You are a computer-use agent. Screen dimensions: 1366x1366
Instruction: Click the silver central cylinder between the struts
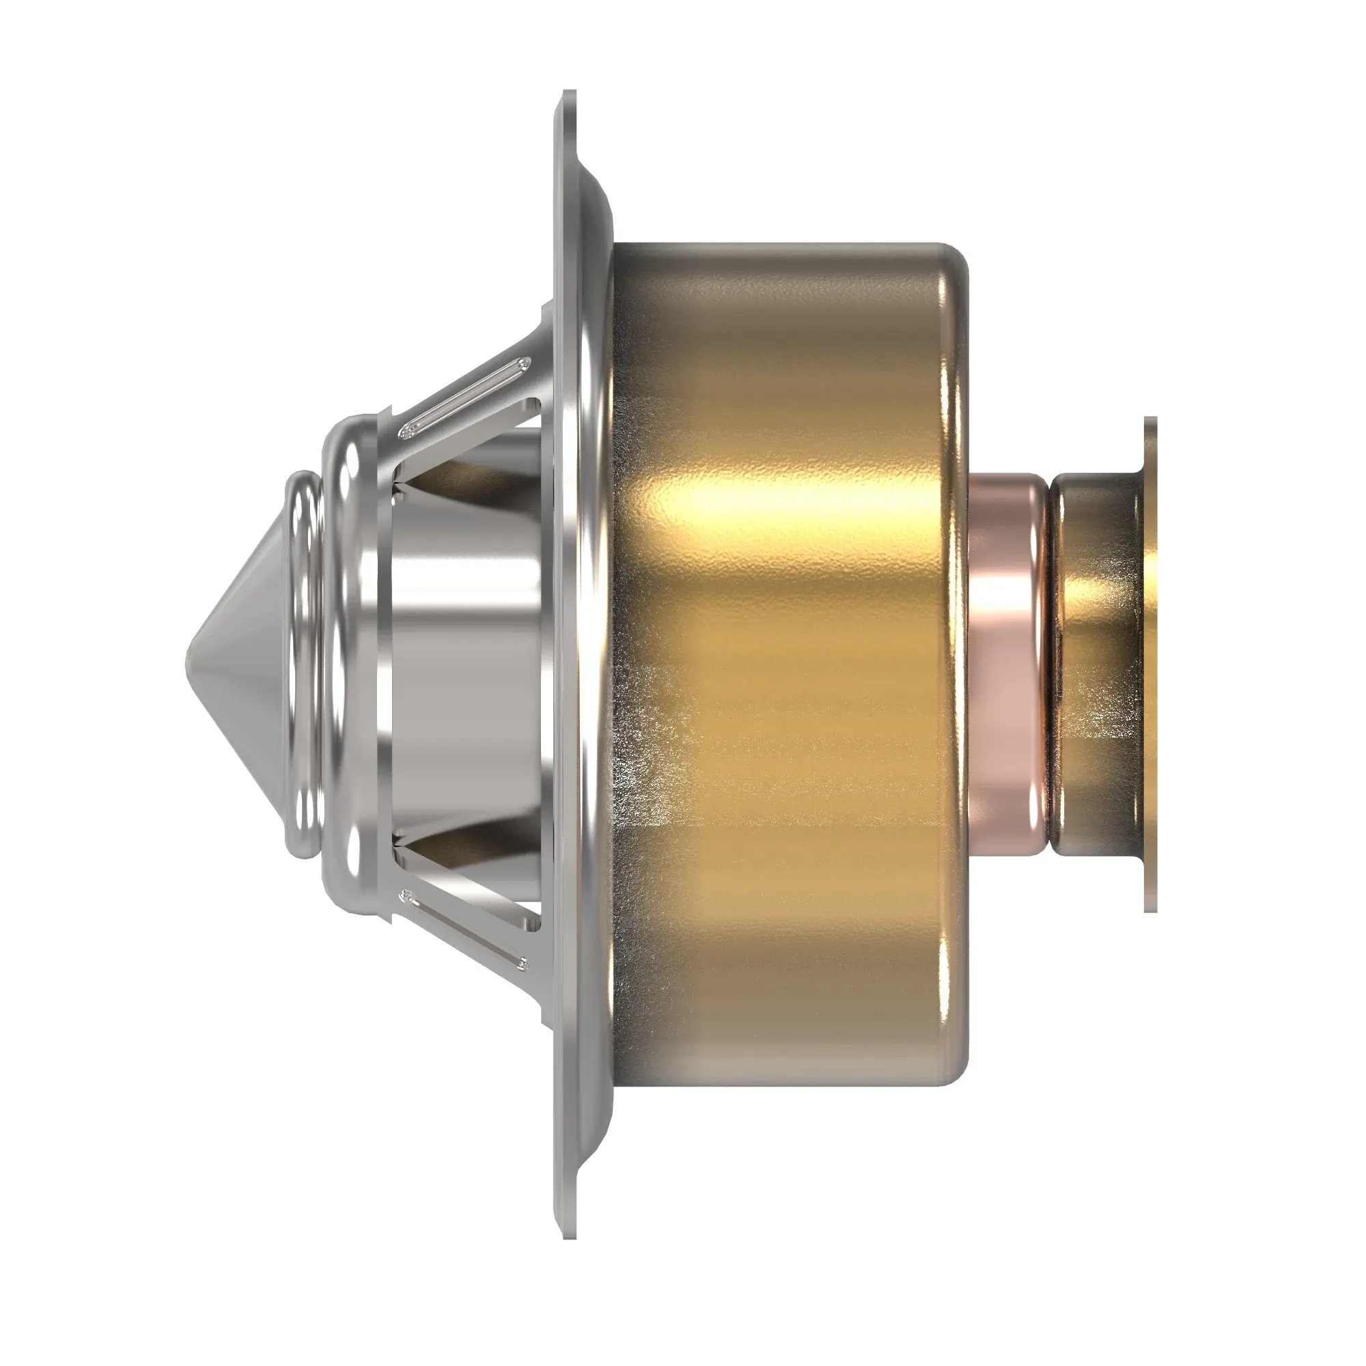(x=460, y=665)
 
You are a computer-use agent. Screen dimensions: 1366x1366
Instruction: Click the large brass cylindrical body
(x=778, y=707)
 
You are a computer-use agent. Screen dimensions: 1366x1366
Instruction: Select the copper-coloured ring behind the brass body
(x=1007, y=665)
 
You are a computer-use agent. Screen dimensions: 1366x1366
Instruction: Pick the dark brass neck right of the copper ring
(x=1096, y=665)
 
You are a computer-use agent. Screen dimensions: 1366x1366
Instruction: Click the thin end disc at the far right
(x=1150, y=665)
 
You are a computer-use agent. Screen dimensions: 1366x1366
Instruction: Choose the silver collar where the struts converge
(x=354, y=665)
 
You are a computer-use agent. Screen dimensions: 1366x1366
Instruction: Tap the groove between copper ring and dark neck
(x=1049, y=665)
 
